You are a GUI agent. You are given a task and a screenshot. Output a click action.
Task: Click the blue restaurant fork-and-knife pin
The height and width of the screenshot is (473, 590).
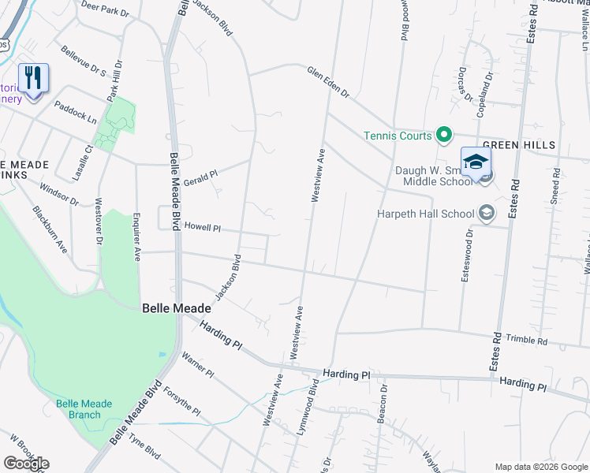33,79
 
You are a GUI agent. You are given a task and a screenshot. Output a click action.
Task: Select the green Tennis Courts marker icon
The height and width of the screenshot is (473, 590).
444,136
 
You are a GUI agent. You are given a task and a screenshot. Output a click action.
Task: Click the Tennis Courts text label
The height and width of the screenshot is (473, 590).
398,136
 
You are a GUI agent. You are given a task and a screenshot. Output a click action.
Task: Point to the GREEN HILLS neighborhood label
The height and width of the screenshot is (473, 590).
519,146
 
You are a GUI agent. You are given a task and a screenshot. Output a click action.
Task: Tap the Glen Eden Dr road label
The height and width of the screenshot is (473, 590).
328,81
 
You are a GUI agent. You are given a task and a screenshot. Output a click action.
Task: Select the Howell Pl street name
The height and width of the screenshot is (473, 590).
202,227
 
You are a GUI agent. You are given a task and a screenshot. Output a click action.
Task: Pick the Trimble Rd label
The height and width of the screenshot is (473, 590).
527,341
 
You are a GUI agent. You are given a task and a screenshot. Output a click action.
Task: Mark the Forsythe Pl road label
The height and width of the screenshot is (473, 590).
183,400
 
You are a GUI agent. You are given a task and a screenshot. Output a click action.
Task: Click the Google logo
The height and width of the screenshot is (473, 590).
26,464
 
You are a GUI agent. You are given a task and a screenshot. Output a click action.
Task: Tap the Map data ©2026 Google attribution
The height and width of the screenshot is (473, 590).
540,467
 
